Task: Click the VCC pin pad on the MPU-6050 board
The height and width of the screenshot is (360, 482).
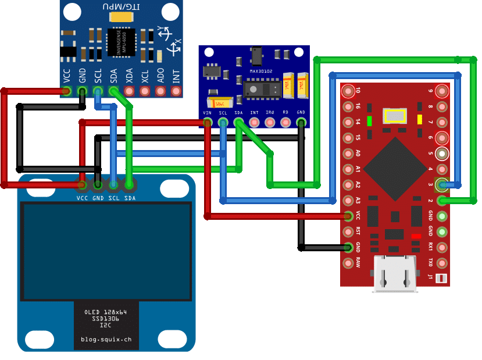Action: coord(66,91)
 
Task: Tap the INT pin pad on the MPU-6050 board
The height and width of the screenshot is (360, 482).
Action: coord(176,91)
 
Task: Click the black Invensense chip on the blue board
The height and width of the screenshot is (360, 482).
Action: coord(121,43)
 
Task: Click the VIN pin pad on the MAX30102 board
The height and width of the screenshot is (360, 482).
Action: coord(207,122)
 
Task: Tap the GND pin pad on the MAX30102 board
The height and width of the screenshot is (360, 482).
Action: coord(301,122)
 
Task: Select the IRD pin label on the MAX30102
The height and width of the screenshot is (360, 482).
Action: coord(269,112)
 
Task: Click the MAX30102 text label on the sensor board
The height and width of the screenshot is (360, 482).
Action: coord(261,72)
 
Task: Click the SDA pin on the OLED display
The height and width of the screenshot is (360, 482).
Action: coord(129,185)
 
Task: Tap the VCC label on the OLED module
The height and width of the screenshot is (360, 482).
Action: coord(82,198)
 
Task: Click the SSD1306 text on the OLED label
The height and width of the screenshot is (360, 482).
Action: coord(105,319)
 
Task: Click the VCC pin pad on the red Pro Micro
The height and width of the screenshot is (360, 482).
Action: coord(348,216)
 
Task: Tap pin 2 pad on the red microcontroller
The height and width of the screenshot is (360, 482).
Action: coord(442,201)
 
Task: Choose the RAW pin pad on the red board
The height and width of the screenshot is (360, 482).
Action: coord(348,262)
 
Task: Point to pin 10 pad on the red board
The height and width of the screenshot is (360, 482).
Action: coord(348,91)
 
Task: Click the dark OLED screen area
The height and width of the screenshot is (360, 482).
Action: coord(106,250)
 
